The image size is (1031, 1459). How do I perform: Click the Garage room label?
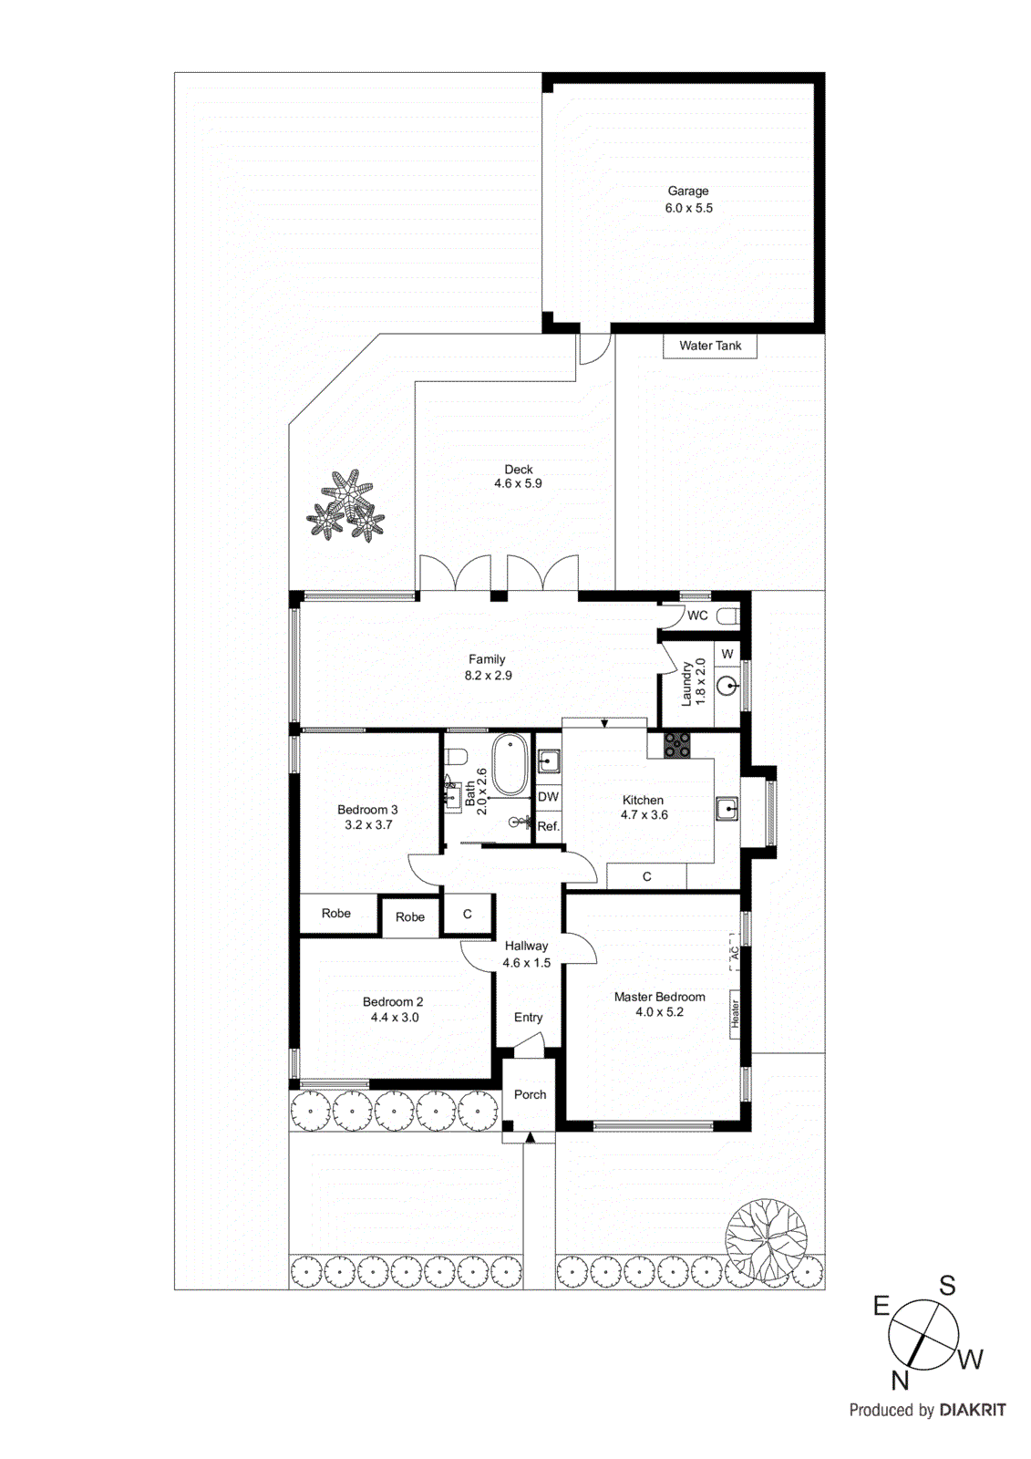point(687,191)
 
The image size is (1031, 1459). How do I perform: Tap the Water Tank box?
point(709,346)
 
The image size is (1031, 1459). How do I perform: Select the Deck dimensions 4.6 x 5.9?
point(518,484)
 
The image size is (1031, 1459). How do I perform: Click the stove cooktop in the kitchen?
point(676,744)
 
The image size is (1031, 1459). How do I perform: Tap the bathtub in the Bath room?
point(510,764)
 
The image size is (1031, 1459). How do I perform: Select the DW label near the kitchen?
point(548,797)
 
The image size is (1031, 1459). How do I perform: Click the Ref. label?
point(548,826)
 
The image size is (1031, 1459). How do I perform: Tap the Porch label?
point(530,1094)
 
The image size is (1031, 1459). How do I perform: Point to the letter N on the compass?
point(900,1381)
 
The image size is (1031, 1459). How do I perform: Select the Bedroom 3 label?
point(367,810)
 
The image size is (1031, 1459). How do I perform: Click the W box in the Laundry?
point(727,654)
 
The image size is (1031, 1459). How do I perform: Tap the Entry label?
point(528,1018)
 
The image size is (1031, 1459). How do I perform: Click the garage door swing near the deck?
point(594,348)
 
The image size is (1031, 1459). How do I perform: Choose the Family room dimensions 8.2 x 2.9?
point(488,676)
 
